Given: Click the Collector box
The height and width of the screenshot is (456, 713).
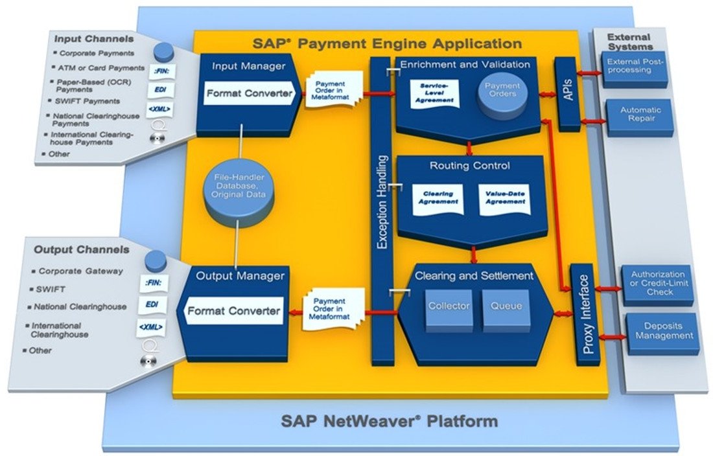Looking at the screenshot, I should [x=449, y=306].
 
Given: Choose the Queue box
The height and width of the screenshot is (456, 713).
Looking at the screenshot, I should [x=506, y=306].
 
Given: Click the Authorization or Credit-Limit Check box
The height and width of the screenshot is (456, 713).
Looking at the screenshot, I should [x=658, y=284].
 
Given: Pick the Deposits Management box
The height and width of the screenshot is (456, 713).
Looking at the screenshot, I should [x=663, y=332].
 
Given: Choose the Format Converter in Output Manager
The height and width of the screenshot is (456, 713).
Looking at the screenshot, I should [x=234, y=311].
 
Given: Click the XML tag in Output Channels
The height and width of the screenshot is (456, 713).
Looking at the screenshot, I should [x=150, y=328].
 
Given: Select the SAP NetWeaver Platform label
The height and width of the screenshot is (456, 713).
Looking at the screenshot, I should [x=390, y=421].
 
